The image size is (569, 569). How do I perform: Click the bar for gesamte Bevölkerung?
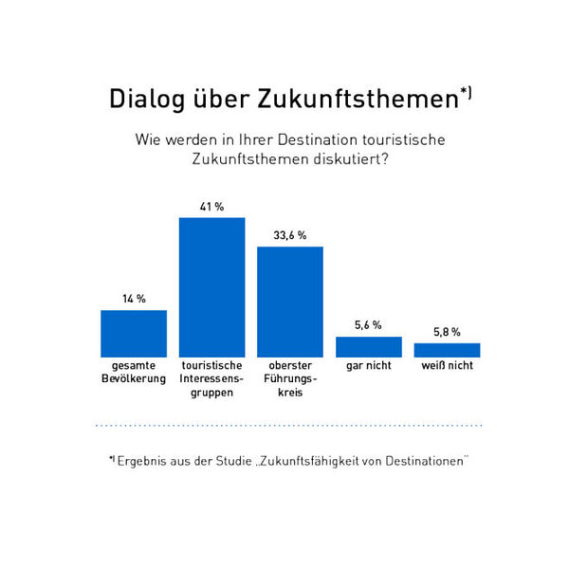134,333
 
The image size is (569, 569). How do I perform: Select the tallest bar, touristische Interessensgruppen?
212,286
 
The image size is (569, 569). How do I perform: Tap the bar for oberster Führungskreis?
290,301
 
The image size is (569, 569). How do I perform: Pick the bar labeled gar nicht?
369,346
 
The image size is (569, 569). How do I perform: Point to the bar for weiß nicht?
447,349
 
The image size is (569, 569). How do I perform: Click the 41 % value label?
212,207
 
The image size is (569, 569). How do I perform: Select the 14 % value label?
134,299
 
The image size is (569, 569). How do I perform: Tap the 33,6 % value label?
290,235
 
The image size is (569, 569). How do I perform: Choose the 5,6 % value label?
369,325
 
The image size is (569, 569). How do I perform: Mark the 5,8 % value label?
447,332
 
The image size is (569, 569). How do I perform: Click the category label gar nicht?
369,365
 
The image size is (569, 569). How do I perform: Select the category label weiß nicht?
447,365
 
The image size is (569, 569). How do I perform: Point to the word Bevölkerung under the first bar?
134,378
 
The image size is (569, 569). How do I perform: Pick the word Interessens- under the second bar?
212,378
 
